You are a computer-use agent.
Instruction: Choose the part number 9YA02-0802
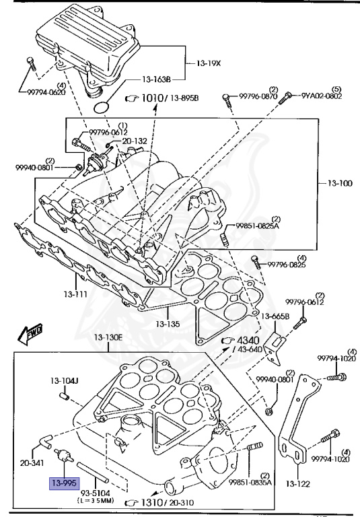click(x=321, y=96)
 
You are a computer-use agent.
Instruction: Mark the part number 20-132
click(x=134, y=141)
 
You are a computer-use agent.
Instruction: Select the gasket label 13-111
click(x=76, y=294)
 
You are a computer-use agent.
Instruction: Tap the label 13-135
click(x=167, y=324)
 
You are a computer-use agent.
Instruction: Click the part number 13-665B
click(x=275, y=316)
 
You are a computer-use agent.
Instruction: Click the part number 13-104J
click(x=64, y=382)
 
